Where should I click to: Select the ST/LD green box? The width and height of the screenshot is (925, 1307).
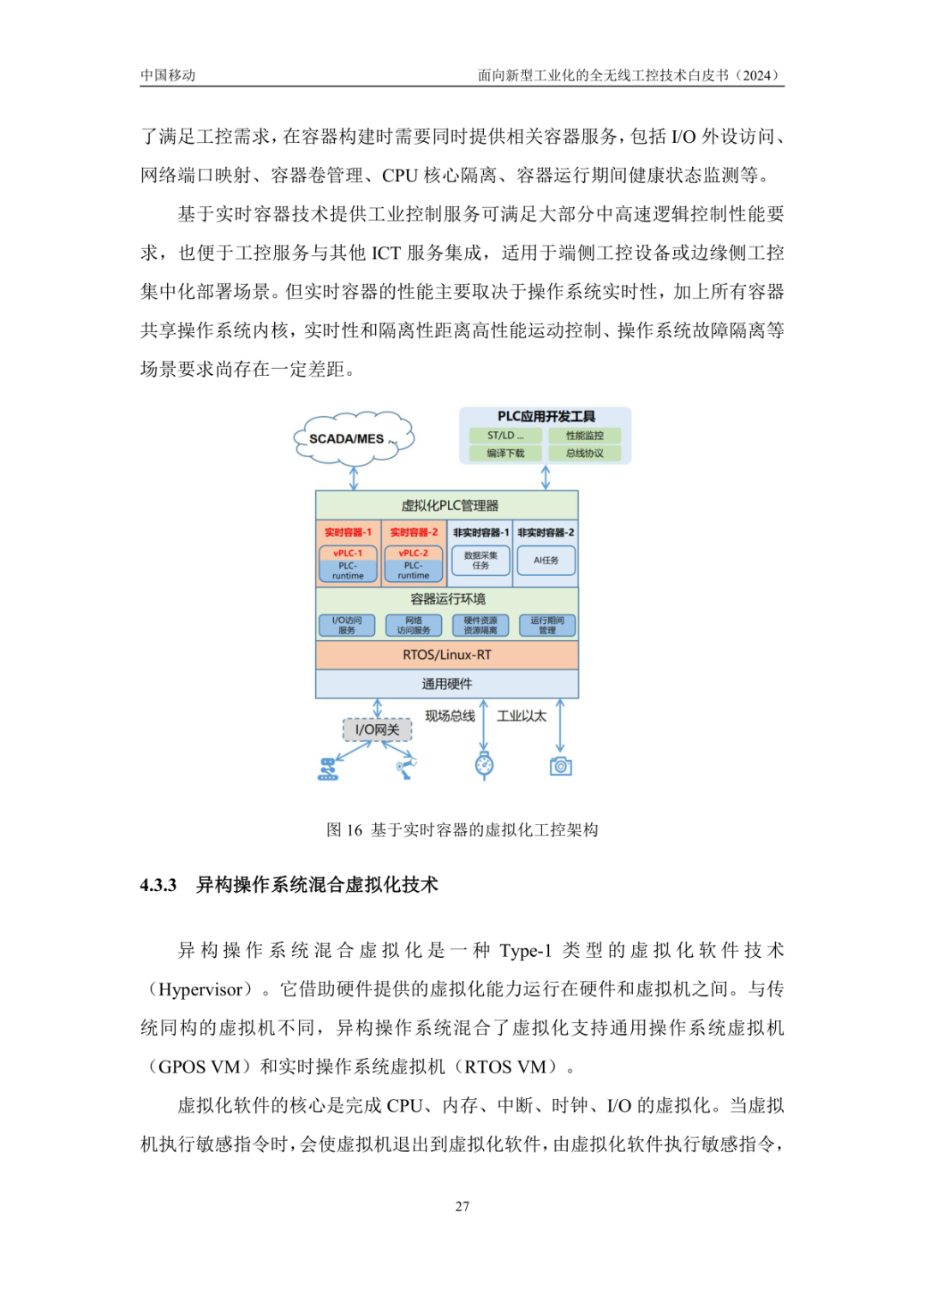click(505, 436)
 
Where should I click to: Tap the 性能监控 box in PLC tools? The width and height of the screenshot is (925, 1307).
click(585, 436)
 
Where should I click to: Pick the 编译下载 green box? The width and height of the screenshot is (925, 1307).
click(505, 454)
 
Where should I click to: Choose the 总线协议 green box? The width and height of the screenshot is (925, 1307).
click(585, 454)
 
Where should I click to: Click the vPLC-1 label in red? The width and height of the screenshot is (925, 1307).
click(348, 553)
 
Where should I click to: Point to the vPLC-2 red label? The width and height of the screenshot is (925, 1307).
click(414, 553)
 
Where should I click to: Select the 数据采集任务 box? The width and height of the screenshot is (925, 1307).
click(480, 561)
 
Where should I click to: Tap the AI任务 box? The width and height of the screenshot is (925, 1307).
click(546, 561)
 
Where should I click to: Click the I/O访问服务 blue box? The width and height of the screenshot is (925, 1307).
click(347, 626)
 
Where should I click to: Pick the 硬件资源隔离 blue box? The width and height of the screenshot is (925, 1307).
click(480, 626)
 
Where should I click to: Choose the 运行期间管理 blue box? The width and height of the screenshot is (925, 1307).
click(547, 626)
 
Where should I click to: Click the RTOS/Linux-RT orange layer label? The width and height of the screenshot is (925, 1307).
click(447, 655)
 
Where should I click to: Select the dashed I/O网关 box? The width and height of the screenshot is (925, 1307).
click(378, 729)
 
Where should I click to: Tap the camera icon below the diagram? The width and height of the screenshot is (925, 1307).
click(561, 766)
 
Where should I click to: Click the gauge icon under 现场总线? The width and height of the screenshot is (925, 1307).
click(484, 765)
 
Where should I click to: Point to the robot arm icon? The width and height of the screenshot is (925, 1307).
click(406, 766)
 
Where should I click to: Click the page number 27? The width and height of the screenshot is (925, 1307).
click(462, 1206)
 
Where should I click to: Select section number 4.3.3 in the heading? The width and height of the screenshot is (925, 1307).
click(158, 885)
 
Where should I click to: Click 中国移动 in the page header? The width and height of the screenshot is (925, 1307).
click(168, 75)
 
